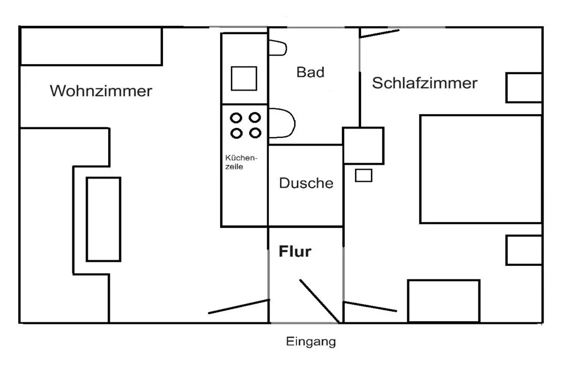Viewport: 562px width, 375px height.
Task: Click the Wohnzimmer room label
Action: click(x=101, y=91)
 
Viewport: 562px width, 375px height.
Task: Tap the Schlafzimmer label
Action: click(x=424, y=83)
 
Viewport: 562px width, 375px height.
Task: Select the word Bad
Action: click(x=311, y=72)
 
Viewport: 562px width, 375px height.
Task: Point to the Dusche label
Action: click(x=306, y=183)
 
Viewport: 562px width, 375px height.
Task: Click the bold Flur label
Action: click(x=295, y=252)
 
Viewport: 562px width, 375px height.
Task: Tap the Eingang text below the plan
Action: click(x=311, y=342)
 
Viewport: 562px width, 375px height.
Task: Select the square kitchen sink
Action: click(x=244, y=78)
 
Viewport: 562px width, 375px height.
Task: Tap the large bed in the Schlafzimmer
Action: click(x=481, y=169)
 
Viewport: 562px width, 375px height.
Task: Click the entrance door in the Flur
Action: click(x=318, y=300)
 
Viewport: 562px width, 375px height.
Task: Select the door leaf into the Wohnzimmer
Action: click(x=239, y=306)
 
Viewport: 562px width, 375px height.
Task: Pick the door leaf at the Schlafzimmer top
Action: click(x=380, y=33)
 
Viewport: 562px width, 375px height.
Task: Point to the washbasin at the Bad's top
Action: click(x=277, y=48)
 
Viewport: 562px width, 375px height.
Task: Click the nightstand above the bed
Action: click(x=524, y=87)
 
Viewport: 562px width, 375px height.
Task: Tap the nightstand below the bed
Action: click(x=524, y=250)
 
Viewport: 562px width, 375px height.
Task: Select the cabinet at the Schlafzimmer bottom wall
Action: click(x=443, y=301)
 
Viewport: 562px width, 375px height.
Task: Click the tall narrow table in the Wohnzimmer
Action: click(x=103, y=219)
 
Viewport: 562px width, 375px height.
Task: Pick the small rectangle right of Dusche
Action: click(x=363, y=176)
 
